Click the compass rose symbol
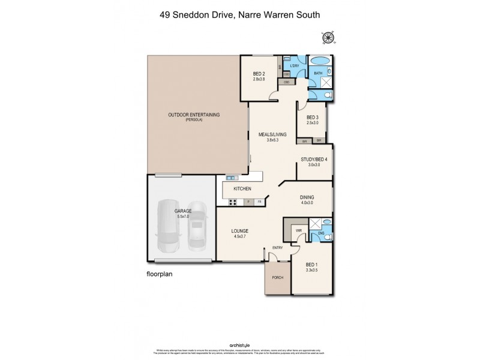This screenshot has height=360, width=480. [x=328, y=38]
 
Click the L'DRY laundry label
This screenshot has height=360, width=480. [x=295, y=66]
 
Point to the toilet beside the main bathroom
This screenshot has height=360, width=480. [x=326, y=95]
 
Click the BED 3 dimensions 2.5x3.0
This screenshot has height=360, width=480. [x=312, y=123]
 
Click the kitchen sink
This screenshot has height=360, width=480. [x=232, y=177]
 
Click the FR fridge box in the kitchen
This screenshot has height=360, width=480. [x=260, y=202]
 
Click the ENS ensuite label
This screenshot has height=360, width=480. [x=321, y=232]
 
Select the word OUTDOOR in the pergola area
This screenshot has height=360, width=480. [x=178, y=115]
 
